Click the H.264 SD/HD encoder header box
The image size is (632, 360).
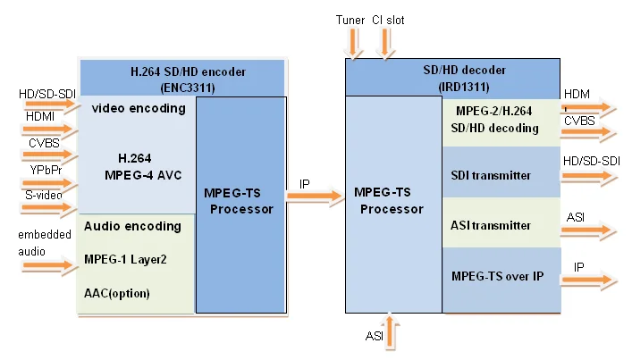pyautogui.click(x=182, y=77)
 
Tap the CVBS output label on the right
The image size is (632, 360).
pyautogui.click(x=579, y=119)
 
